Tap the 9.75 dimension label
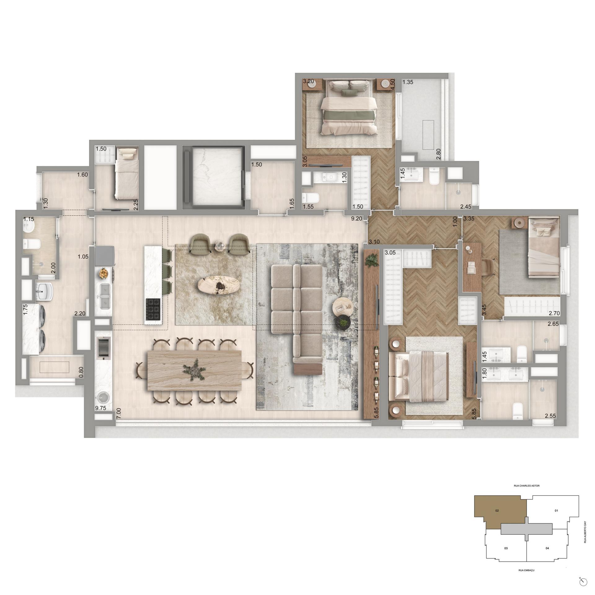pos(101,408)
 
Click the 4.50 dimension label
pos(393,84)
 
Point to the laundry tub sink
pos(44,291)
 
